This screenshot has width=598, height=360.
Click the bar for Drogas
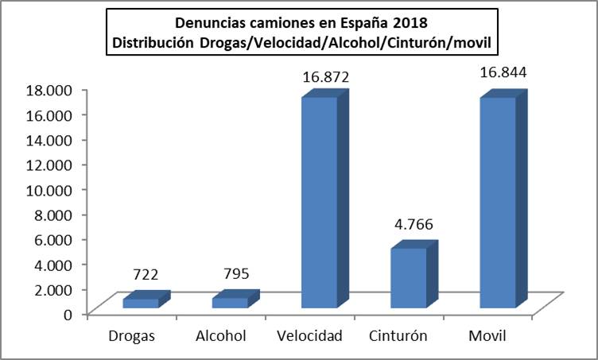tap(140, 303)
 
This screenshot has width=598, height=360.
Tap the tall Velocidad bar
tap(319, 203)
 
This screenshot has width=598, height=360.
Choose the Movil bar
tap(497, 203)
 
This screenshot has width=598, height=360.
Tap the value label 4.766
tap(415, 226)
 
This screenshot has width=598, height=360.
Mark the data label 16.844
tap(504, 73)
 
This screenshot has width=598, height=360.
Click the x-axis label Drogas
tap(131, 335)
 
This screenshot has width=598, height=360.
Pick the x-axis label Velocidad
tap(312, 335)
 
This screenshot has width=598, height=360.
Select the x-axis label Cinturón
tap(398, 335)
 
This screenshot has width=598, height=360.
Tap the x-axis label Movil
tap(488, 335)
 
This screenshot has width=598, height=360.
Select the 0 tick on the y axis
tap(68, 313)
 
